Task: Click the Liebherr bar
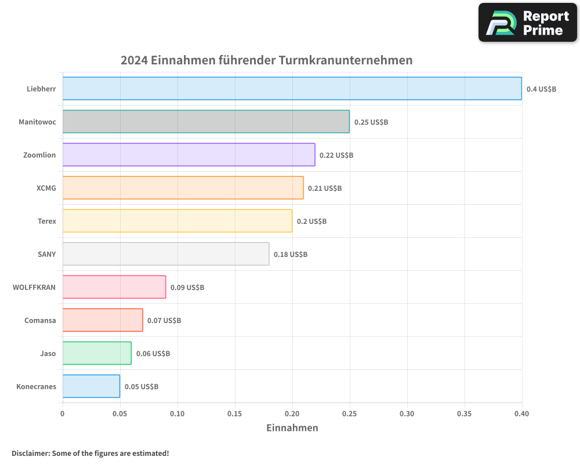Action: coord(292,89)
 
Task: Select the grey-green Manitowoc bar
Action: coord(206,122)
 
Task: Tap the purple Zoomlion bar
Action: coord(188,155)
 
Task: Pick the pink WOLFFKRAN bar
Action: coord(114,287)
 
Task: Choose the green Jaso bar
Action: coord(97,353)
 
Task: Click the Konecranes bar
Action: coord(91,386)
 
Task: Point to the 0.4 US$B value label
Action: coord(541,89)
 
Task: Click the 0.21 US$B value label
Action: coord(325,188)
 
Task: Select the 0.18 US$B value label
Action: coord(291,255)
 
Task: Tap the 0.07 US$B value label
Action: coord(164,321)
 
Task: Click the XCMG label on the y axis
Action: coord(46,188)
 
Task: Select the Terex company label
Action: coord(46,221)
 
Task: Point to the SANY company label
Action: coord(46,254)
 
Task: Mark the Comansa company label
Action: coord(40,320)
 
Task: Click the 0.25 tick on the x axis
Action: coord(350,414)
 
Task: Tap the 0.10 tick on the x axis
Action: coord(177,414)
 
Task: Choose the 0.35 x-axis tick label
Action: coord(465,414)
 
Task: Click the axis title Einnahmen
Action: coord(292,428)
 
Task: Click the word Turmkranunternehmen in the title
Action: coord(346,60)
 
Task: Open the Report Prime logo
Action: coord(528,23)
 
